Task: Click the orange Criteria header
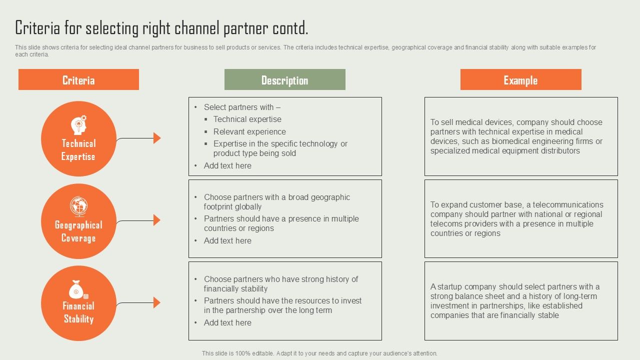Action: (78, 80)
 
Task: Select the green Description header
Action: (284, 80)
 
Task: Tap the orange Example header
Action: (520, 80)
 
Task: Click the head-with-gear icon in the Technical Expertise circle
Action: (79, 124)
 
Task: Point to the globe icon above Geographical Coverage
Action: (78, 206)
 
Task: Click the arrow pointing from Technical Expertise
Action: (156, 138)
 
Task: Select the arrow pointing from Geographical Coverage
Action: (156, 220)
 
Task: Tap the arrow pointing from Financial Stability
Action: (156, 302)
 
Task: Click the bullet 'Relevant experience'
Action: (249, 131)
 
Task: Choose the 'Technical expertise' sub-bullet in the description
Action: (247, 119)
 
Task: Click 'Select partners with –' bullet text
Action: (242, 107)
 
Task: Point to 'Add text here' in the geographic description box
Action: (227, 240)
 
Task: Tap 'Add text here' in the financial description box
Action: (227, 322)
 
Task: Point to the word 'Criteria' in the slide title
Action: (37, 28)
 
